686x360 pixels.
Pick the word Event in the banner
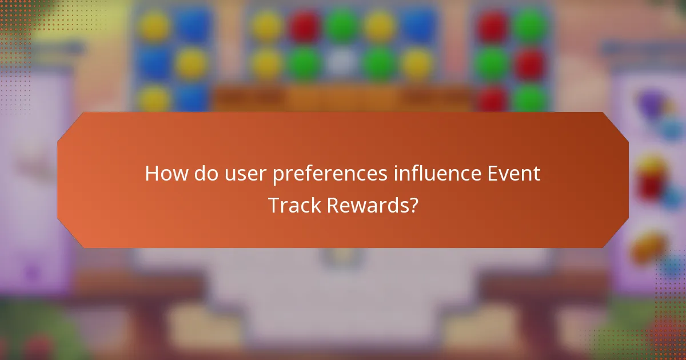(x=512, y=173)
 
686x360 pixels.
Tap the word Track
(x=295, y=205)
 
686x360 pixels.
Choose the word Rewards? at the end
(x=373, y=205)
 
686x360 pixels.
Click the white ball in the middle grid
(x=342, y=63)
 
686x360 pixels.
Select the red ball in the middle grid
(x=305, y=26)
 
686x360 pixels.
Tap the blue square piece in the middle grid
(x=418, y=26)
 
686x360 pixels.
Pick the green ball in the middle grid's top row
(x=342, y=26)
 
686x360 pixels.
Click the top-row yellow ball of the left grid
(x=155, y=26)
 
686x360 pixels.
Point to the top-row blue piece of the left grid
(x=192, y=26)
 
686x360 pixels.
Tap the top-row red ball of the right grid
(x=492, y=26)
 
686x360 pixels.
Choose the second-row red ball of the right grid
(x=530, y=63)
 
